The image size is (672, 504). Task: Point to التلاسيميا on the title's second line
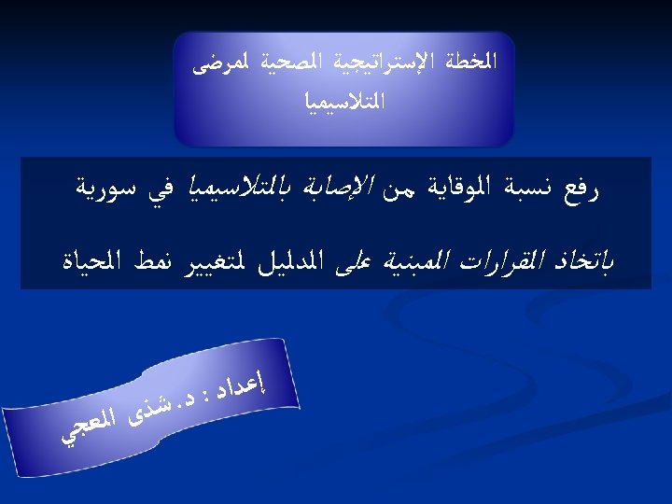pos(344,102)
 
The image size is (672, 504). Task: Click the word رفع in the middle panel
pos(581,190)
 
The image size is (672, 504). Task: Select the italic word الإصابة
pos(338,189)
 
